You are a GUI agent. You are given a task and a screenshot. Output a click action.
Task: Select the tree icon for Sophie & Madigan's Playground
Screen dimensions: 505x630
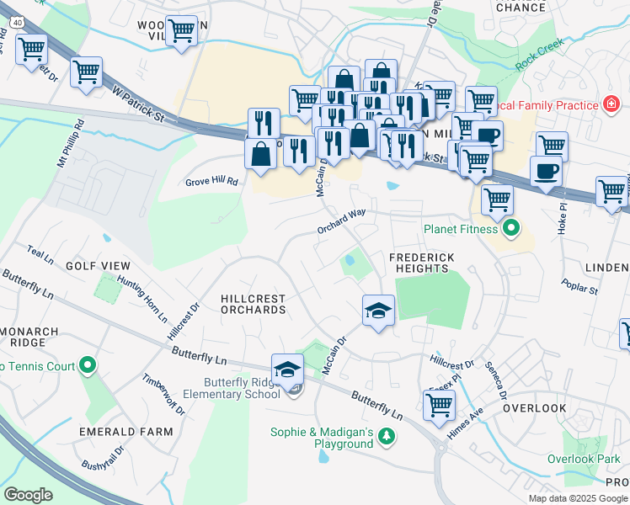tap(386, 436)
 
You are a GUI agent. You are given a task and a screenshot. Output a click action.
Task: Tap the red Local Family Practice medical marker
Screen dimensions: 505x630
tap(612, 104)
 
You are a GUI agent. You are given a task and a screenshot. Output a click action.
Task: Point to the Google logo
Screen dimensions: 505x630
tap(28, 494)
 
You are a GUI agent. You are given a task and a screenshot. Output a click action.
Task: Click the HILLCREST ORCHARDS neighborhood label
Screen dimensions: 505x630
tap(253, 304)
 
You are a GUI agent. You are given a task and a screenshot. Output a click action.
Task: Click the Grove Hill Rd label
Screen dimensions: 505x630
tap(212, 181)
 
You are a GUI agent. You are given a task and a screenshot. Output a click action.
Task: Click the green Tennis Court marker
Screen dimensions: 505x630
tap(87, 366)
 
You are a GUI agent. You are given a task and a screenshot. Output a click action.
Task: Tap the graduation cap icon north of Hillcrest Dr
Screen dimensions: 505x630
tap(378, 311)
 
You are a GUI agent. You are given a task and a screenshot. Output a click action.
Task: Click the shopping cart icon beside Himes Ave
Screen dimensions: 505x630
tap(439, 405)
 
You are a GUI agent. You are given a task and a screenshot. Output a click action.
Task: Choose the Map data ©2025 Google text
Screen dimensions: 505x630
tap(578, 497)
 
